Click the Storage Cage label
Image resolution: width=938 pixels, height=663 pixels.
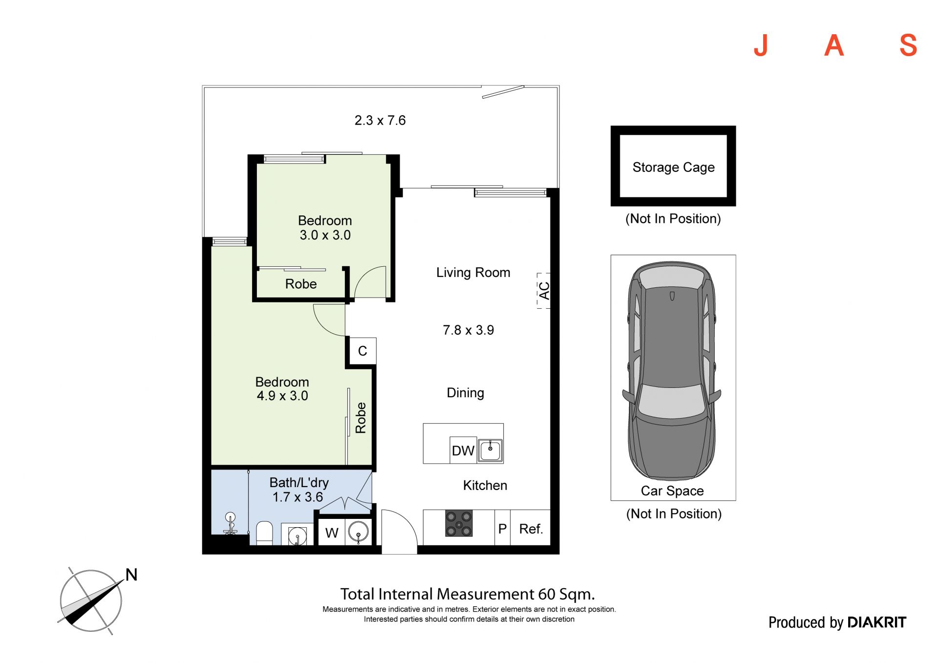(x=673, y=168)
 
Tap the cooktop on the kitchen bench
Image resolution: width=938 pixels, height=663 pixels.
(x=459, y=523)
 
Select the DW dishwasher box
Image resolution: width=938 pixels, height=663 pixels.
(x=463, y=450)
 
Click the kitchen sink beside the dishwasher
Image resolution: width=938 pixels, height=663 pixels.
(x=490, y=450)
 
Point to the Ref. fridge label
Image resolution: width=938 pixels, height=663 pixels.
(x=531, y=529)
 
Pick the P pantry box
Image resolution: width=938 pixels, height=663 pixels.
(x=503, y=528)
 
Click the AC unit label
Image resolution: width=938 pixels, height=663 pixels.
(x=544, y=291)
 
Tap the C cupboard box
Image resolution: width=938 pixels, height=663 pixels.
(x=362, y=351)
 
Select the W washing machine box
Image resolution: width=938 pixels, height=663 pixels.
(x=332, y=532)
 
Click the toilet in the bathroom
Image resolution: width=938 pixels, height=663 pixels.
(x=264, y=533)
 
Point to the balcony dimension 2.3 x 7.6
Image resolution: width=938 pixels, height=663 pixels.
(x=380, y=120)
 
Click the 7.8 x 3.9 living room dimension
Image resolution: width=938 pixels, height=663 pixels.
(x=469, y=330)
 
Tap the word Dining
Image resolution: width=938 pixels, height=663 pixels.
(x=466, y=393)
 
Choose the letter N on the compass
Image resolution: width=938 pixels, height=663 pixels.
(x=131, y=575)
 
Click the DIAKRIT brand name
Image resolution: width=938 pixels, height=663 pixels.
(x=876, y=622)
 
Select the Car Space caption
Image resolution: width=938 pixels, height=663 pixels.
(x=672, y=491)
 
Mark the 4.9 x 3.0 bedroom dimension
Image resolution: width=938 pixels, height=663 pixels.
(x=282, y=396)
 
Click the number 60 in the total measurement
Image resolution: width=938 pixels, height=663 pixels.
(x=547, y=594)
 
